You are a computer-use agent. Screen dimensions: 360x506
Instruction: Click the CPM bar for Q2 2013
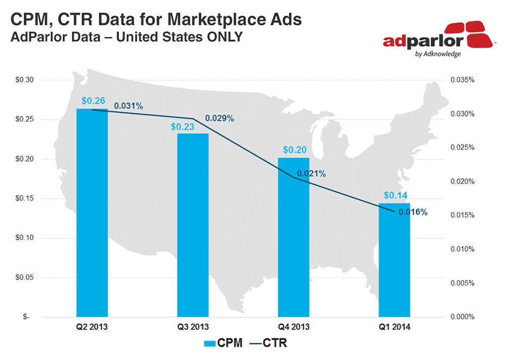92,213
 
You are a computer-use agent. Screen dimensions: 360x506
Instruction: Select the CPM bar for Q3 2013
193,225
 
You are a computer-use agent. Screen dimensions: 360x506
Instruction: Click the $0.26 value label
92,101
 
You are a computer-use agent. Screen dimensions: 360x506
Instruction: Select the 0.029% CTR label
219,118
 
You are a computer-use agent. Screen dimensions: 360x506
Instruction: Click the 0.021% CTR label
311,174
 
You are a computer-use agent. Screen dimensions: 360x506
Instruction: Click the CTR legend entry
269,343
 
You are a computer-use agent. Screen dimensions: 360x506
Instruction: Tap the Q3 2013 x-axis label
193,327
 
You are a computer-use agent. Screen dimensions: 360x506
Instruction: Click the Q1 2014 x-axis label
394,327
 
